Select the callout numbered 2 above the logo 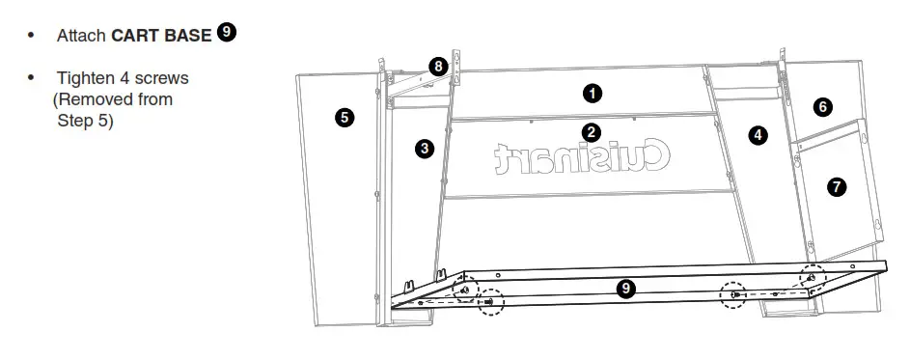click(x=592, y=131)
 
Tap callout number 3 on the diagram click(x=424, y=148)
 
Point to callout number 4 click(x=758, y=135)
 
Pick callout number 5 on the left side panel click(x=344, y=117)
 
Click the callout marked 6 click(x=822, y=106)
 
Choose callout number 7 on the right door click(x=837, y=186)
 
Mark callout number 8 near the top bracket click(x=439, y=67)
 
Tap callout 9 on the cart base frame click(x=625, y=288)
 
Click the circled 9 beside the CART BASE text click(x=227, y=33)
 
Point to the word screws click(x=164, y=78)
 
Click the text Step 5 click(x=85, y=121)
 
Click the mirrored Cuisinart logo click(x=583, y=157)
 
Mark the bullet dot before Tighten click(x=32, y=77)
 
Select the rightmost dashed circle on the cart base click(x=812, y=278)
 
